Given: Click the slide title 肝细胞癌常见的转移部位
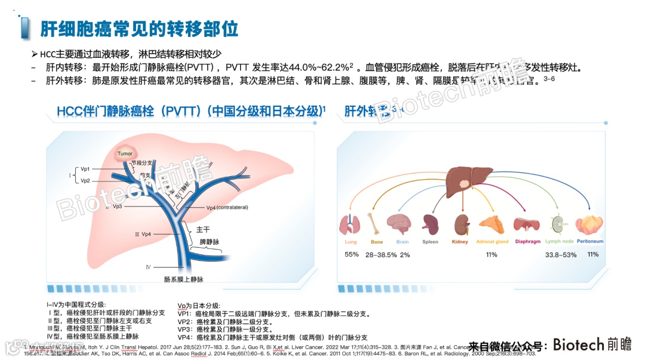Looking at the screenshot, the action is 139,28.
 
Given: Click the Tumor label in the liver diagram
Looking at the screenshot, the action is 125,154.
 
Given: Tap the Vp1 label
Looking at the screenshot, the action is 85,169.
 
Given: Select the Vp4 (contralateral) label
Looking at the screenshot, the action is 227,207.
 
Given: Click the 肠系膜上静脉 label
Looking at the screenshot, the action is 183,279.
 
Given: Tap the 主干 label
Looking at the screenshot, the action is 203,229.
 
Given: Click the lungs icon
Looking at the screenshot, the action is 351,224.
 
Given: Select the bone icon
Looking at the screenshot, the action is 375,224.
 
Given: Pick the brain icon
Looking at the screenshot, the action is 398,224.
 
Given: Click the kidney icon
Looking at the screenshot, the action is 460,224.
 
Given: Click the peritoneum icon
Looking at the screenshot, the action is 589,224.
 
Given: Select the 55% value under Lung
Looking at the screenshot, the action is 352,255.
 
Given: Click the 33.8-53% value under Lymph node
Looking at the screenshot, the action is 561,255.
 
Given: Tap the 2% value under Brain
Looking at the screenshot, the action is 405,255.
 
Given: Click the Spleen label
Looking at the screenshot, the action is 430,242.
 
